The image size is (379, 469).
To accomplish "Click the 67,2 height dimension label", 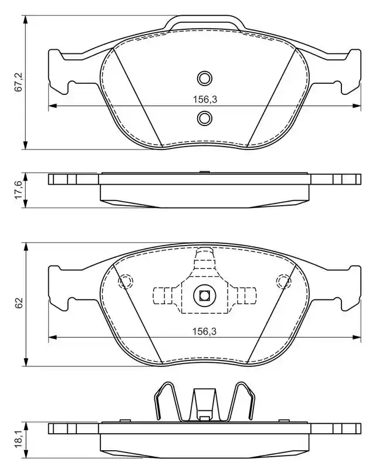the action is pyautogui.click(x=19, y=81).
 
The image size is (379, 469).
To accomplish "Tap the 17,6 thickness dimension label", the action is pyautogui.click(x=19, y=190).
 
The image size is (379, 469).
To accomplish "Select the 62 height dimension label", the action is pyautogui.click(x=19, y=303).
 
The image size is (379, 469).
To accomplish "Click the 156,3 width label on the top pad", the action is pyautogui.click(x=205, y=99).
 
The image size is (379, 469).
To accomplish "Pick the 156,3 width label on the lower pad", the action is pyautogui.click(x=204, y=331).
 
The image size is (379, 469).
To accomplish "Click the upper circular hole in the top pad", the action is pyautogui.click(x=205, y=79).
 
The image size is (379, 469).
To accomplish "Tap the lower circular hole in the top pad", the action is pyautogui.click(x=205, y=118).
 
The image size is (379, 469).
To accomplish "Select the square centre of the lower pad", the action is pyautogui.click(x=205, y=296).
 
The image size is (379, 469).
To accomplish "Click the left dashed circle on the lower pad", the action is pyautogui.click(x=126, y=281).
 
